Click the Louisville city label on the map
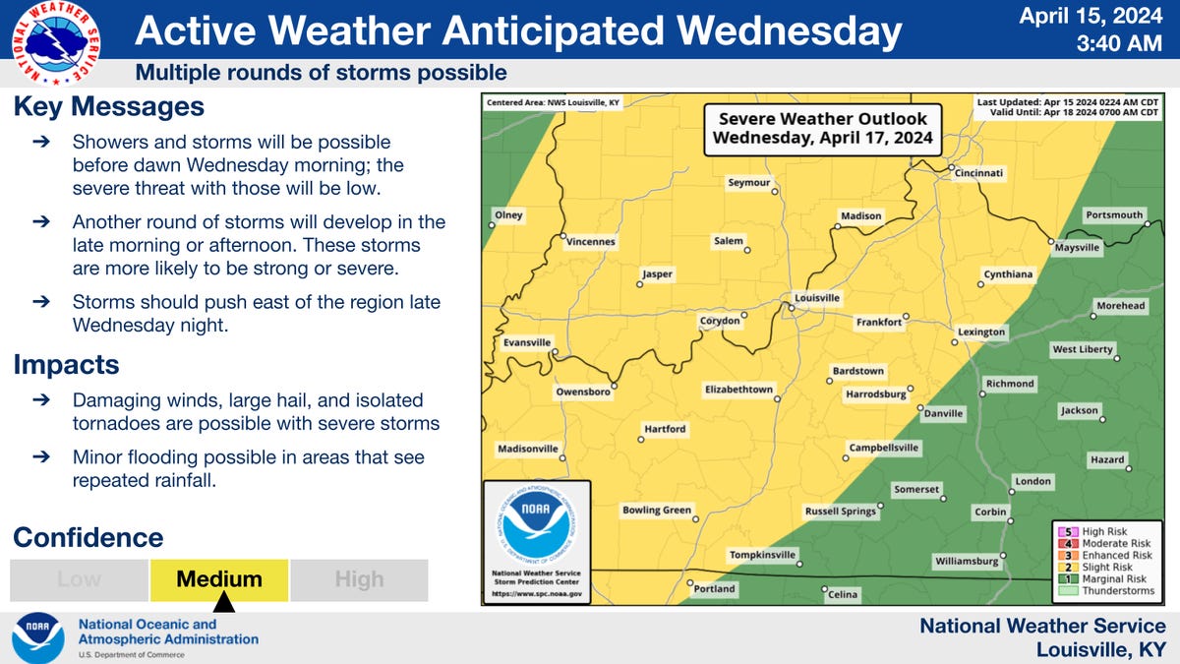[x=817, y=297]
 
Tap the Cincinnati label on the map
[x=979, y=173]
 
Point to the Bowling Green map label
[x=656, y=510]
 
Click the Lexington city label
[x=981, y=332]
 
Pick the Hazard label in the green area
[x=1106, y=460]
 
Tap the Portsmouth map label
[x=1114, y=214]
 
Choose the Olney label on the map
[x=509, y=215]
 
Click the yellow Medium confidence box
[x=219, y=579]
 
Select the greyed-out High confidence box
[x=359, y=579]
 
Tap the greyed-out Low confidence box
[x=79, y=579]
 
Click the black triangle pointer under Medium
[x=223, y=601]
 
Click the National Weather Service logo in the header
[x=55, y=44]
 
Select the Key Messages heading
[x=108, y=106]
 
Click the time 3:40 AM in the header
[x=1120, y=43]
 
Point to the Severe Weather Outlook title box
[x=821, y=129]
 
